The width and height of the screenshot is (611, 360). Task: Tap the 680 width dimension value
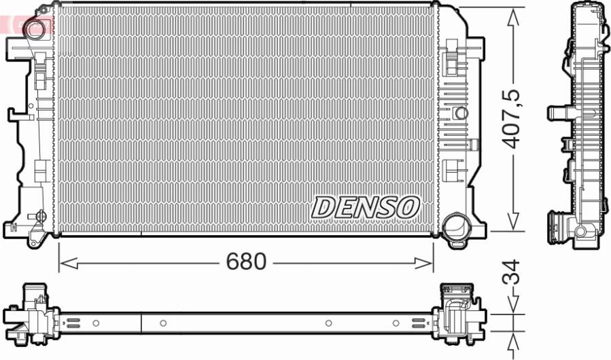(x=246, y=261)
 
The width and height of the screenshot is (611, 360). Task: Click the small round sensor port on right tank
(x=461, y=112)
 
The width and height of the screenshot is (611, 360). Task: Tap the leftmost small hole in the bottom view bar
(x=96, y=323)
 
